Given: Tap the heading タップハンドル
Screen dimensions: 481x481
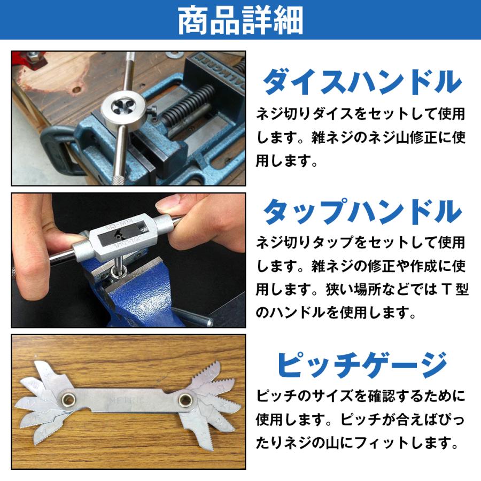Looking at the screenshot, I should tap(362, 212).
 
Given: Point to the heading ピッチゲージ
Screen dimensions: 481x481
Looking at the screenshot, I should tap(362, 365).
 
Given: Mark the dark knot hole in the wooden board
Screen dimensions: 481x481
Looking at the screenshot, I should tap(77, 90).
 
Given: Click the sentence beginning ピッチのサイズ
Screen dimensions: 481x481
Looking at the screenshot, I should tap(360, 396).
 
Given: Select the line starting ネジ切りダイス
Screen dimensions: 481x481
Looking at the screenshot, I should tap(360, 114).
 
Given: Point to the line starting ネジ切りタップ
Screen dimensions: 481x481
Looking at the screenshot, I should tap(360, 243).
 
